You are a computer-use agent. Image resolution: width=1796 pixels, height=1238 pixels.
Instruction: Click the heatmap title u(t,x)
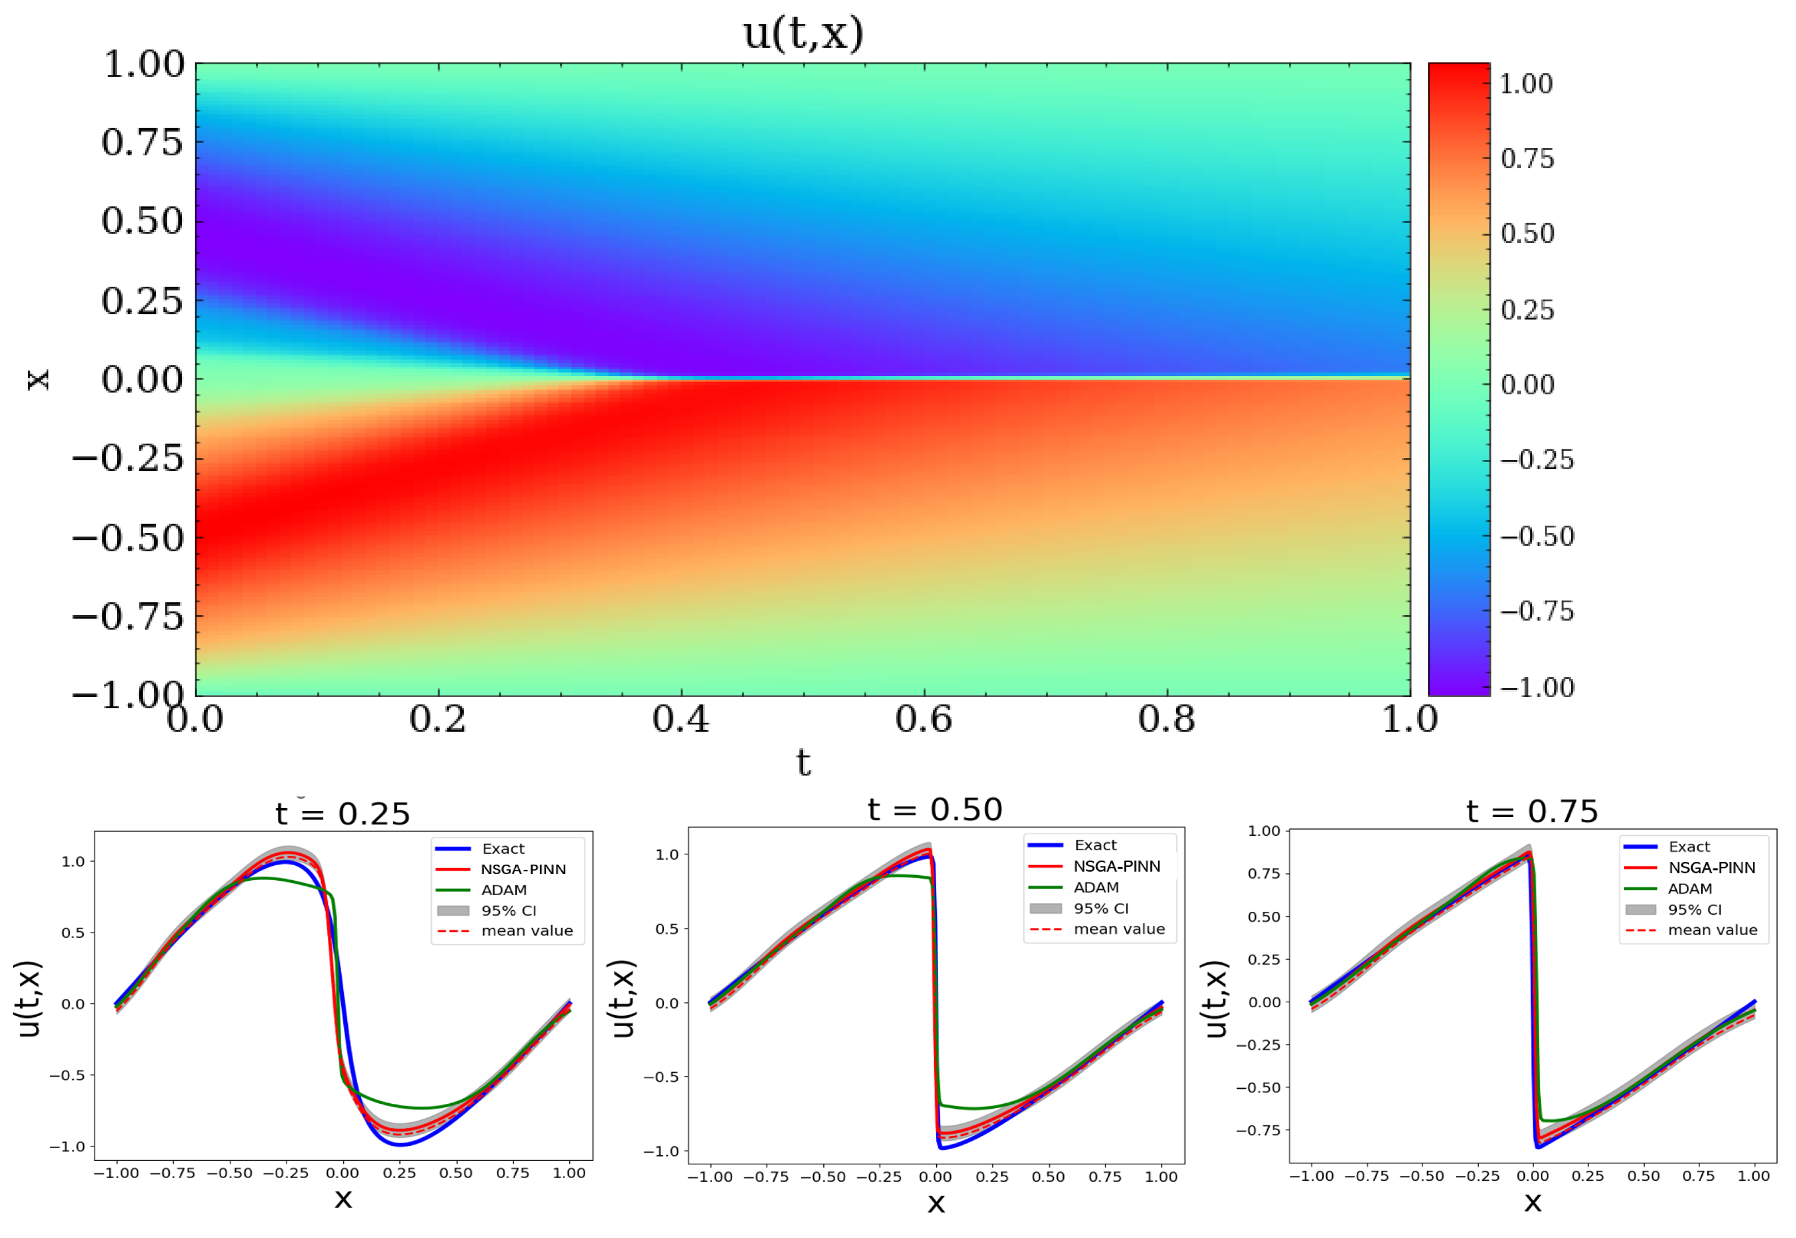803,34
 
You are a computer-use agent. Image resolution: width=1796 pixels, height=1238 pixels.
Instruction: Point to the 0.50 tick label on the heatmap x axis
143,222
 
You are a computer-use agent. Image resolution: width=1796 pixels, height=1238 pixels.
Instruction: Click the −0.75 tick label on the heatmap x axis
129,617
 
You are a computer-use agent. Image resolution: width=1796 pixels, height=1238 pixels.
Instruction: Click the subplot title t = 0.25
342,814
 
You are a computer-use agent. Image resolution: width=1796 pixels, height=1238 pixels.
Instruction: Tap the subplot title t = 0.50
935,810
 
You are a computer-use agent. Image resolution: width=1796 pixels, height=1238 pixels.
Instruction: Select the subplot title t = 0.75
1531,811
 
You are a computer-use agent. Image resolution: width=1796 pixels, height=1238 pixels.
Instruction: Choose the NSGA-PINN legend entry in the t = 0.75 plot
1712,868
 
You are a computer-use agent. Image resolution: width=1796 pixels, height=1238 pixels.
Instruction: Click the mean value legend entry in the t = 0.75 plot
1712,930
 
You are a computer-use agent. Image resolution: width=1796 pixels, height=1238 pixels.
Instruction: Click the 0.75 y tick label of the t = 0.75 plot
1264,874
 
